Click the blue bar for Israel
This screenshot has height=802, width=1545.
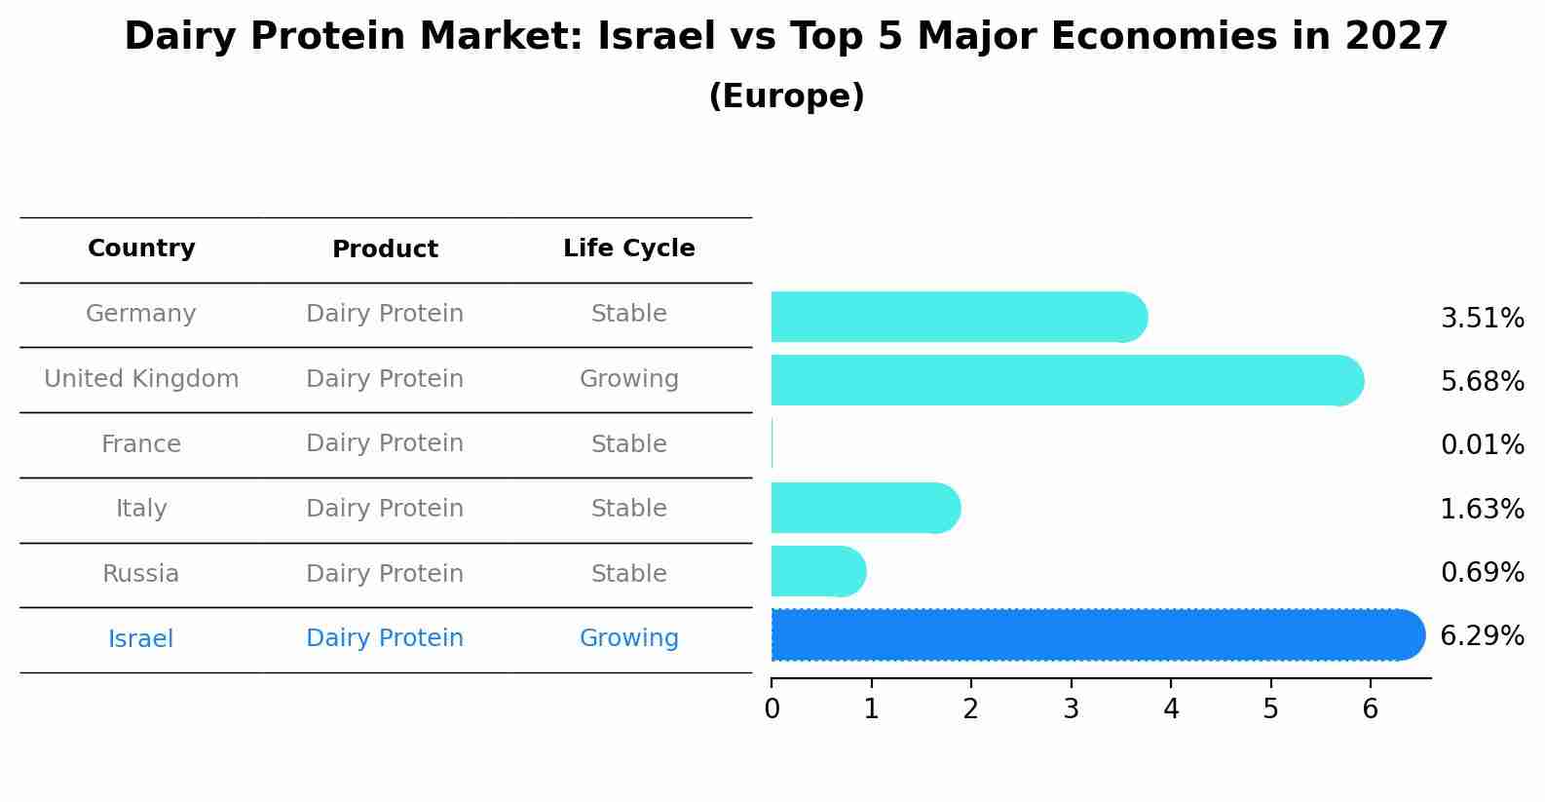[x=1091, y=635]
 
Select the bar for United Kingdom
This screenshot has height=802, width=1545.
[x=1062, y=380]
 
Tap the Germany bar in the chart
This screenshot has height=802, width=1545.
[x=955, y=317]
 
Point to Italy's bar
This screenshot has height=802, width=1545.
[x=863, y=508]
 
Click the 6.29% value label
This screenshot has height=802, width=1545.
[x=1482, y=636]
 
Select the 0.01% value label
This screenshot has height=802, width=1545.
[x=1482, y=445]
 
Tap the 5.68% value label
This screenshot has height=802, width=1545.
[x=1482, y=381]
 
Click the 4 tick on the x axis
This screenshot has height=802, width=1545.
[x=1171, y=709]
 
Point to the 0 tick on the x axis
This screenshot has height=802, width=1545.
[x=772, y=709]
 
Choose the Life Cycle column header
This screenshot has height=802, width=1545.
[x=628, y=248]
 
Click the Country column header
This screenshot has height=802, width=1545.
[x=141, y=248]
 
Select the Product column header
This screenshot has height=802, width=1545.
[x=385, y=249]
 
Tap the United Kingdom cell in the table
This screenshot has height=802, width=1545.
[x=141, y=379]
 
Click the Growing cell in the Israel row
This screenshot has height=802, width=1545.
[x=628, y=638]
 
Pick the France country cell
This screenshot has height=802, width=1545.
[x=141, y=444]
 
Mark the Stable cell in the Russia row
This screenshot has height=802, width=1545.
[x=628, y=574]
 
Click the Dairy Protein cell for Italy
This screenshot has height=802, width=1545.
[x=385, y=509]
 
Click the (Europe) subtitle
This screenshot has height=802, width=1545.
[x=786, y=96]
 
